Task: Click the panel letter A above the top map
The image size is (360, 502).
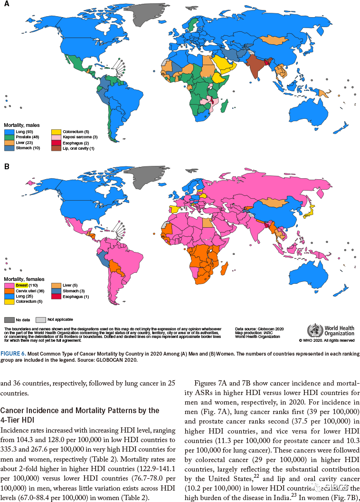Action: pos(6,4)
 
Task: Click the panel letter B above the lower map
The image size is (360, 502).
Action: pos(6,167)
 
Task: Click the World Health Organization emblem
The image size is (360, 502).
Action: pos(314,330)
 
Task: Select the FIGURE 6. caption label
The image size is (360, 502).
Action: pos(14,354)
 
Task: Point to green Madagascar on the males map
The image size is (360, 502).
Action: pos(226,105)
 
